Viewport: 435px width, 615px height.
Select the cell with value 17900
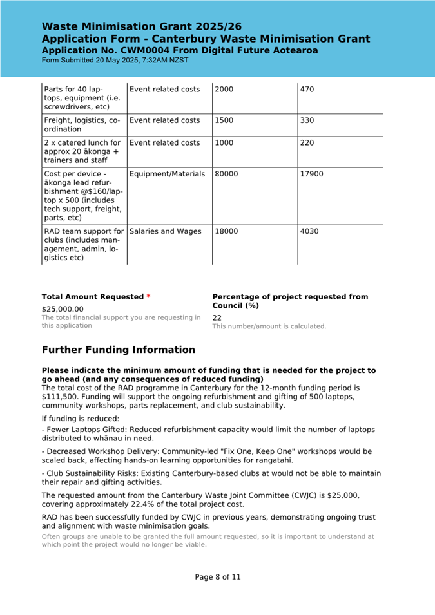312,174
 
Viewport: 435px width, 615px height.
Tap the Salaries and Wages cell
165,231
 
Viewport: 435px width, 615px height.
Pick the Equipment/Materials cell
167,174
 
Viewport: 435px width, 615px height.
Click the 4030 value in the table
307,231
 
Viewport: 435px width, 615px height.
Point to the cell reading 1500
224,120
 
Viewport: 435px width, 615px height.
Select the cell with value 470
307,89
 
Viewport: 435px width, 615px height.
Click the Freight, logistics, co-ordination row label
82,125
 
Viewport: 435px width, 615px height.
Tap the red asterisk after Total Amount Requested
148,297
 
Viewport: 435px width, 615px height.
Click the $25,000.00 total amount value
63,309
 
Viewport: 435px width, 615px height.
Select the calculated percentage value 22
217,317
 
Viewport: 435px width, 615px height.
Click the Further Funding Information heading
118,350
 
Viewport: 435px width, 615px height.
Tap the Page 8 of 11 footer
217,577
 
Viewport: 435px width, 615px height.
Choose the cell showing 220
307,143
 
